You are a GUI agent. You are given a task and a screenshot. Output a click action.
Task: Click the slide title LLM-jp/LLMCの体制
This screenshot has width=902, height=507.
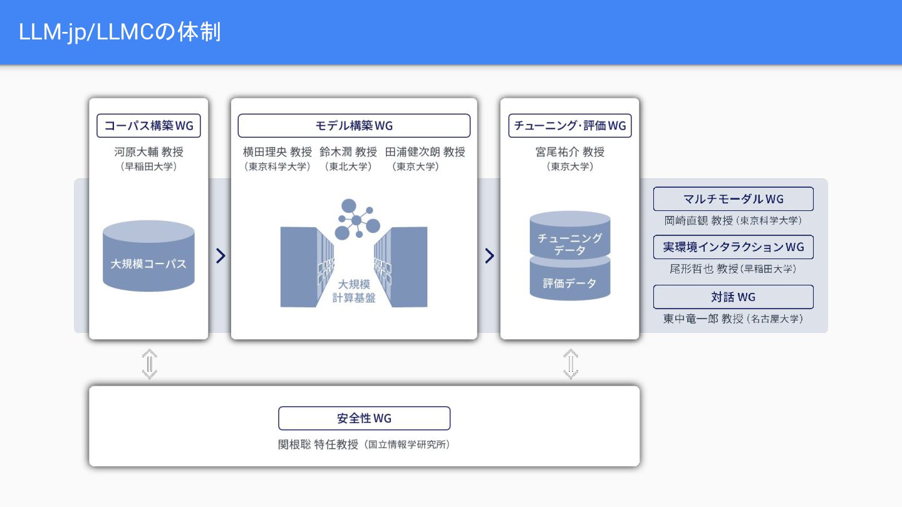point(120,32)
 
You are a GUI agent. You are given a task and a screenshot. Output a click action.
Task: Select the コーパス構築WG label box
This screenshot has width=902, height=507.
point(148,126)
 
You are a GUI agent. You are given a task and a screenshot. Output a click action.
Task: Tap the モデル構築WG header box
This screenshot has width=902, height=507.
point(354,126)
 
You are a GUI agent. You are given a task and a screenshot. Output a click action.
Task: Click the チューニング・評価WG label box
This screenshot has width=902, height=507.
point(570,126)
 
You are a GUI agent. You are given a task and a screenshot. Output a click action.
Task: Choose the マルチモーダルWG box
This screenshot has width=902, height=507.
point(734,199)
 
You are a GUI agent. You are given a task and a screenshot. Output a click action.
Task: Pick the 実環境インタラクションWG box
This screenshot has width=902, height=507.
point(734,247)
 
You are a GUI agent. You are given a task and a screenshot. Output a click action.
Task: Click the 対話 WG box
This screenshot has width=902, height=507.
point(734,297)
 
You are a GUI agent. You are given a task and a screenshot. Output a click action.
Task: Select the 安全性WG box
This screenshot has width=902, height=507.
point(364,418)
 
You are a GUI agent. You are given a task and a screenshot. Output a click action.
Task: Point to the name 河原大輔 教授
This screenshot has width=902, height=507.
point(148,151)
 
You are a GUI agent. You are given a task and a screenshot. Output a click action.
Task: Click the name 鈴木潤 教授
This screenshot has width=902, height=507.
point(348,151)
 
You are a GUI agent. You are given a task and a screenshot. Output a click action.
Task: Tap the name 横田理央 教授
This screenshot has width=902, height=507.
point(277,151)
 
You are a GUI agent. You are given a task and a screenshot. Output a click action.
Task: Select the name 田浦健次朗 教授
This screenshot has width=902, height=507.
point(425,151)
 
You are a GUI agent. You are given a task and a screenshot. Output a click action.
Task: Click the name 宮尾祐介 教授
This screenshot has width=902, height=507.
point(570,151)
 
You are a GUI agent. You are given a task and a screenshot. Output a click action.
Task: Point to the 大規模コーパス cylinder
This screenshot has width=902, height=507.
point(148,256)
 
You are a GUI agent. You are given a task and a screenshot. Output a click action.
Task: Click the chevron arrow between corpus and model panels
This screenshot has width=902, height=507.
point(220,256)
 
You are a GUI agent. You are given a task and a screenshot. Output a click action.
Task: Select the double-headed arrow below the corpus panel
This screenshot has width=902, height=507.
point(149,364)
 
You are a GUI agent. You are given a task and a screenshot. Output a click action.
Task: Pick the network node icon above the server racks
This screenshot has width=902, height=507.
point(357,219)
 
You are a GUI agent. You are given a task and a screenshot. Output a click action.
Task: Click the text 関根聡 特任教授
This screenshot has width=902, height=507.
point(318,444)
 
